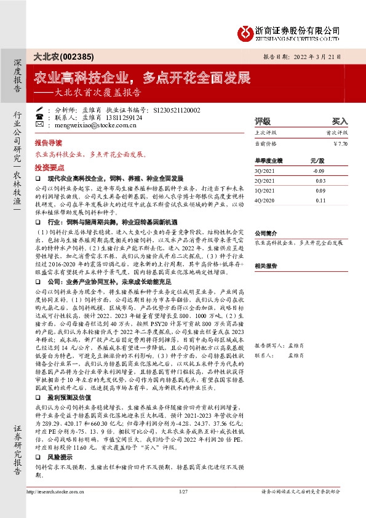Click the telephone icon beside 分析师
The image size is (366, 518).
click(39, 108)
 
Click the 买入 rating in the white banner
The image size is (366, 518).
click(340, 122)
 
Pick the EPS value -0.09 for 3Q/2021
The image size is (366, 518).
click(319, 170)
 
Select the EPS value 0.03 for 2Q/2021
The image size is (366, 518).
click(319, 180)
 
